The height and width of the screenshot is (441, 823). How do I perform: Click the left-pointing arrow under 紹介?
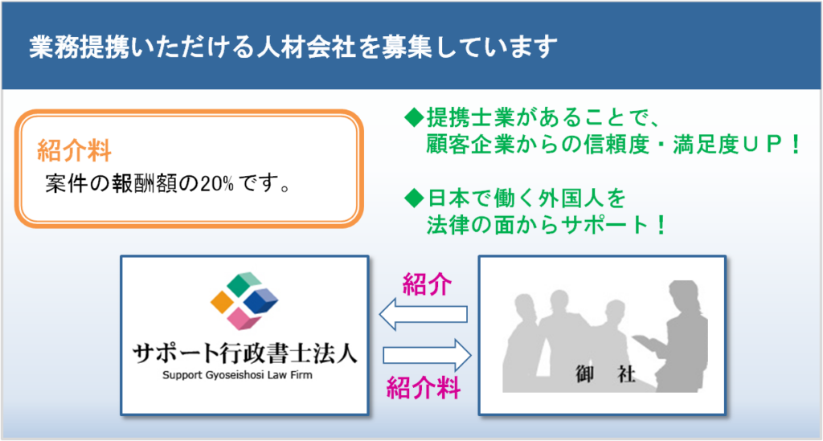click(x=423, y=314)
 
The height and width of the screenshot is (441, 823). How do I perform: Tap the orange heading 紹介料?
click(x=74, y=150)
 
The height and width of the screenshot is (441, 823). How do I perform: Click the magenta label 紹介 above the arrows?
click(x=427, y=284)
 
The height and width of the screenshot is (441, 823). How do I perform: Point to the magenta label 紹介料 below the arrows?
click(x=424, y=388)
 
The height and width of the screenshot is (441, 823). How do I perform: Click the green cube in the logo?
click(x=244, y=284)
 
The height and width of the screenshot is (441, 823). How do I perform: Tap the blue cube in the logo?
click(x=261, y=301)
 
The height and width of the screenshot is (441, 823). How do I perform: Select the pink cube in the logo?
click(x=244, y=318)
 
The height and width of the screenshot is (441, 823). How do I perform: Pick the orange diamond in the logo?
click(x=222, y=302)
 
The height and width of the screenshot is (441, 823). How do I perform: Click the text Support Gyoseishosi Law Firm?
click(x=237, y=375)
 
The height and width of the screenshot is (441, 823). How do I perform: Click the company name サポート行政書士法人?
click(x=244, y=353)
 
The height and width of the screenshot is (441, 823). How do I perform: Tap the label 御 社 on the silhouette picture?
click(x=605, y=374)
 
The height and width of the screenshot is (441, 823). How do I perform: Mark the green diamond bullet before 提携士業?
click(x=414, y=117)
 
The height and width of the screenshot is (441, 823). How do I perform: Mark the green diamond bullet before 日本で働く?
click(x=414, y=198)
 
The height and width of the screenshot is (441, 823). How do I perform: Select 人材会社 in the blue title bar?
click(x=306, y=47)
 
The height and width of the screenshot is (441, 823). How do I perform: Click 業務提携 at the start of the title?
click(x=79, y=47)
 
